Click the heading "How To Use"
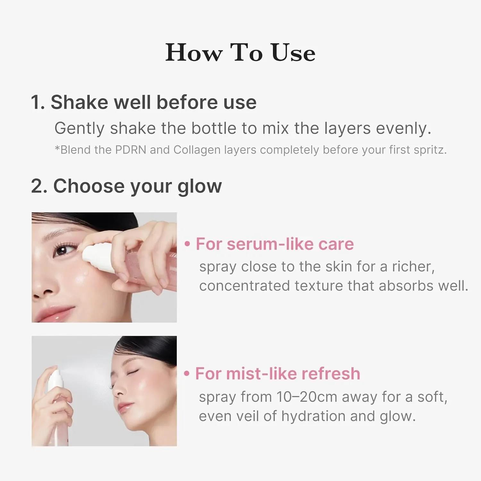(x=240, y=52)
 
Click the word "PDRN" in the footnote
(x=131, y=150)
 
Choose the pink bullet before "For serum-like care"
(x=188, y=244)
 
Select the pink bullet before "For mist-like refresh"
(x=187, y=374)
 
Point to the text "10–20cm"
(x=307, y=397)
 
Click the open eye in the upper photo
(x=62, y=250)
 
